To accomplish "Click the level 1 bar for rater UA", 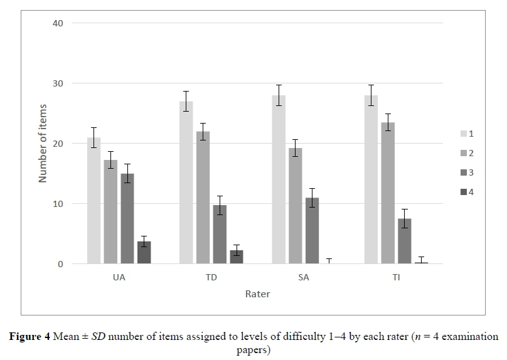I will click(94, 201).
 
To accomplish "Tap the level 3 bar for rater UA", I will click(127, 219).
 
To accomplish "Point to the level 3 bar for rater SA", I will click(312, 231).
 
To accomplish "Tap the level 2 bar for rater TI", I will click(387, 193).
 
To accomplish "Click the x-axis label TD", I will click(211, 278).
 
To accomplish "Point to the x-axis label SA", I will click(304, 278).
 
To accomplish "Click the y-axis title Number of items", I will click(43, 144).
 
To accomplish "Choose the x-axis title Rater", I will click(258, 294).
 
